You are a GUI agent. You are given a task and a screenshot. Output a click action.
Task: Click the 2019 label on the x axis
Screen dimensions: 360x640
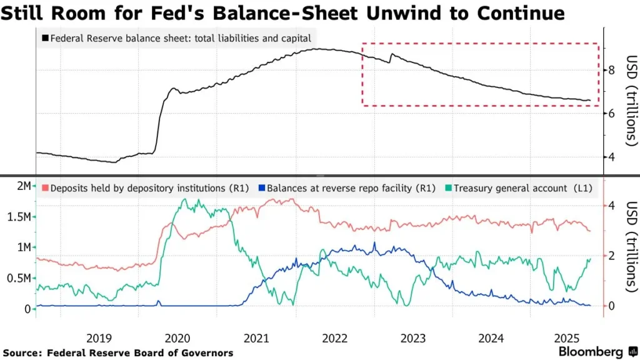[99, 338]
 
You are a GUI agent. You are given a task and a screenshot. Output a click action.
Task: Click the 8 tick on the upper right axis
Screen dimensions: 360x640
[612, 69]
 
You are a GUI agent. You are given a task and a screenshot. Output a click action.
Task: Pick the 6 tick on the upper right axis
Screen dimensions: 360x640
[612, 113]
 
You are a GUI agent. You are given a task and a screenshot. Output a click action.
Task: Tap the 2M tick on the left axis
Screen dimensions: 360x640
[22, 186]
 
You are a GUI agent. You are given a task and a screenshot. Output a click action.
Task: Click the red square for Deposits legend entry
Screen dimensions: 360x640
[45, 187]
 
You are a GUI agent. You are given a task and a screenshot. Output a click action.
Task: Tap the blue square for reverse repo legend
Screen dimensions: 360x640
[262, 187]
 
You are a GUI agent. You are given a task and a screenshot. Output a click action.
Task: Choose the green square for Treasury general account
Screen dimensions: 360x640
[448, 187]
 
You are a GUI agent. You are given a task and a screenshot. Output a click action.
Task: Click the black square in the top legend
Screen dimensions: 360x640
[45, 39]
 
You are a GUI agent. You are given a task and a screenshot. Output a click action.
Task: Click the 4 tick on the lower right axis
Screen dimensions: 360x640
[612, 206]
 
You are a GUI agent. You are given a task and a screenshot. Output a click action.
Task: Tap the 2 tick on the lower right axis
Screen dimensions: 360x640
[612, 256]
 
